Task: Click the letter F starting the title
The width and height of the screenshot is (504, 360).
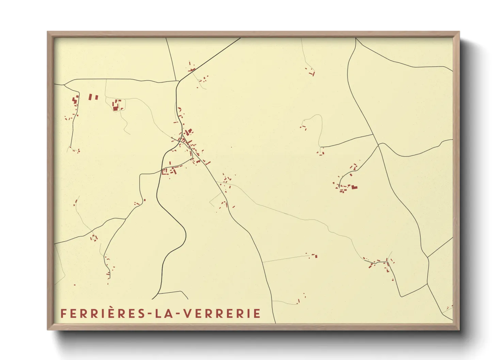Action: pyautogui.click(x=63, y=313)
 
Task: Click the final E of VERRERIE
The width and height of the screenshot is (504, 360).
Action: pyautogui.click(x=257, y=313)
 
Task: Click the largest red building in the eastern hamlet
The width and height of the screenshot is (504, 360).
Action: pyautogui.click(x=355, y=187)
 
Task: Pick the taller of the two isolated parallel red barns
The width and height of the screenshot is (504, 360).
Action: pyautogui.click(x=90, y=97)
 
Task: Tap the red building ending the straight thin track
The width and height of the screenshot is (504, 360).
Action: pyautogui.click(x=315, y=256)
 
